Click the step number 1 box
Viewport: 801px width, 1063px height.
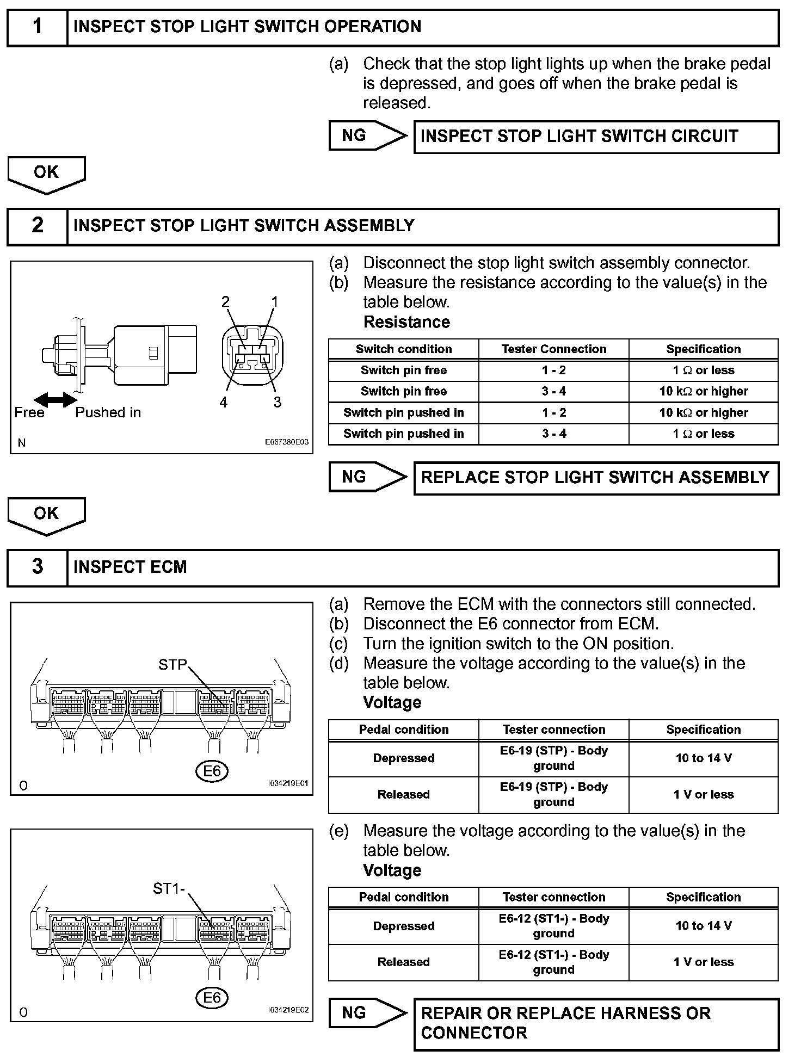tap(37, 27)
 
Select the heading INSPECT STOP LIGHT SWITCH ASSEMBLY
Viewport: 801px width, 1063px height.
tap(244, 226)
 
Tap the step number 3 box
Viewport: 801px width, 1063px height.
tap(37, 567)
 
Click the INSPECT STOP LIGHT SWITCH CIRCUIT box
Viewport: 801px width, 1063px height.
tap(596, 137)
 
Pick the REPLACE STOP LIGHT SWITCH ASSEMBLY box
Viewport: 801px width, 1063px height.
tap(596, 478)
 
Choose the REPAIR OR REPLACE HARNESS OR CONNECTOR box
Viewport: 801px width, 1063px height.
tap(596, 1023)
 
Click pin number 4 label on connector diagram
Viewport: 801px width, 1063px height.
tap(223, 403)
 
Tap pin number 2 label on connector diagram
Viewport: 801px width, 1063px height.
tap(225, 302)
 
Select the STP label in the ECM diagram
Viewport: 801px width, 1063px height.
tap(172, 665)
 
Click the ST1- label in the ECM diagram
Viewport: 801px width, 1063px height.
tap(169, 888)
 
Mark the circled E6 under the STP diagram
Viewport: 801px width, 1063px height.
tap(212, 771)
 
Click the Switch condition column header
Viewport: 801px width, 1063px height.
tap(404, 349)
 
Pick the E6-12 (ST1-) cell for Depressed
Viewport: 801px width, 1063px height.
tap(554, 925)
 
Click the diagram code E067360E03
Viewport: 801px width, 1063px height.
tap(286, 442)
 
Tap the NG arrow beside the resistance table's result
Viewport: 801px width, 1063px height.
tap(368, 477)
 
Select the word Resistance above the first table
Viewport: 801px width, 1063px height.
tap(406, 322)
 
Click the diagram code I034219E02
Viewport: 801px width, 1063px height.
tap(288, 1010)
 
